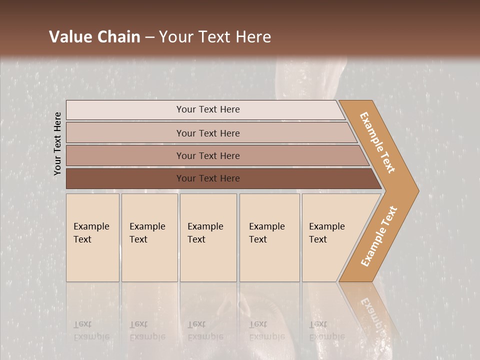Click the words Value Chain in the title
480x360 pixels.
(x=94, y=37)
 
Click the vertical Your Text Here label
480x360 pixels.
(x=58, y=143)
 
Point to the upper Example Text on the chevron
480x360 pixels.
(x=377, y=142)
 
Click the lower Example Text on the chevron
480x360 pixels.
(x=378, y=236)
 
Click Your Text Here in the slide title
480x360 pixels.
(x=215, y=37)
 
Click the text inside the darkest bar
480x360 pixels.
(x=208, y=178)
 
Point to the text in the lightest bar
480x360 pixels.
(x=208, y=109)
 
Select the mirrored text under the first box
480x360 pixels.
(x=91, y=330)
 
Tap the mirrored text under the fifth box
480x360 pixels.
(x=326, y=330)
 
